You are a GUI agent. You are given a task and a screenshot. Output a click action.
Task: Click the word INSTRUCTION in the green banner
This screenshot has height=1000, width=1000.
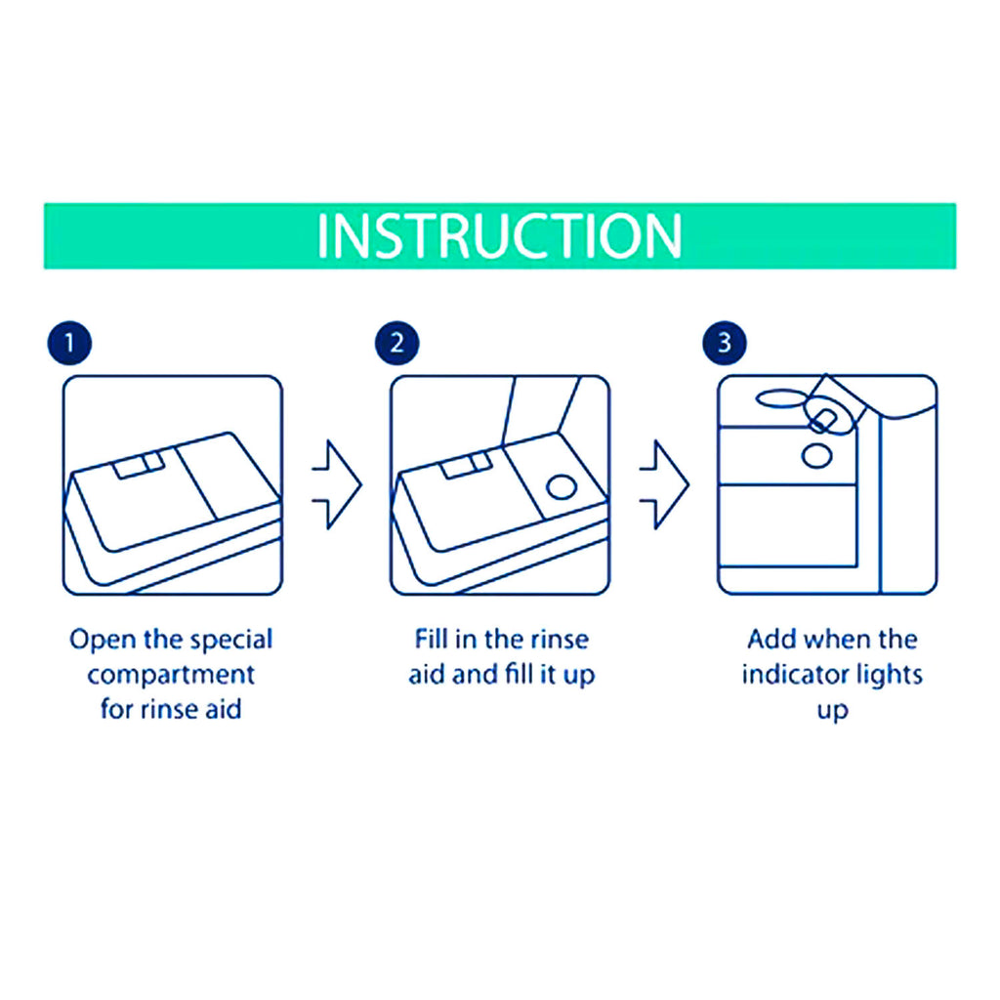click(x=499, y=236)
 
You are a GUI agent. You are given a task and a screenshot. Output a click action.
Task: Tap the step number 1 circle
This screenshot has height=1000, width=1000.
click(x=67, y=343)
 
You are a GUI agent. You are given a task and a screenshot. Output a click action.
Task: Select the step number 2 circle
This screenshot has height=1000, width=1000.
click(x=395, y=343)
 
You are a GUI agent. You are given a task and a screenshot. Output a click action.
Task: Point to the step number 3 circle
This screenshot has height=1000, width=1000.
click(x=723, y=343)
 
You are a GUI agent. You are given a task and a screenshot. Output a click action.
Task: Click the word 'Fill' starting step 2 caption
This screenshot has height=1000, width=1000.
click(x=432, y=641)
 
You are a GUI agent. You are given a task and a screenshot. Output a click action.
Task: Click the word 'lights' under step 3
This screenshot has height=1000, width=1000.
click(x=891, y=675)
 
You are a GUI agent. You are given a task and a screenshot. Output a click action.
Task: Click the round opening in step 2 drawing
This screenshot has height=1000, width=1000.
click(x=563, y=486)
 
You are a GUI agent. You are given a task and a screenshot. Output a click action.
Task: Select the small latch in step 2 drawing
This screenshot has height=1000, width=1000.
click(x=466, y=466)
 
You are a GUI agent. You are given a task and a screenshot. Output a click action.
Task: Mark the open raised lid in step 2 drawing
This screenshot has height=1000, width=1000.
click(x=542, y=410)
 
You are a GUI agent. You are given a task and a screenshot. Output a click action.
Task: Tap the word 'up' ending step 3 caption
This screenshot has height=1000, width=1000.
click(x=833, y=709)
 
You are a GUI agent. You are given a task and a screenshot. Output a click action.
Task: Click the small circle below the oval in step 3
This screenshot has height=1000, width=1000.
click(x=814, y=454)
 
